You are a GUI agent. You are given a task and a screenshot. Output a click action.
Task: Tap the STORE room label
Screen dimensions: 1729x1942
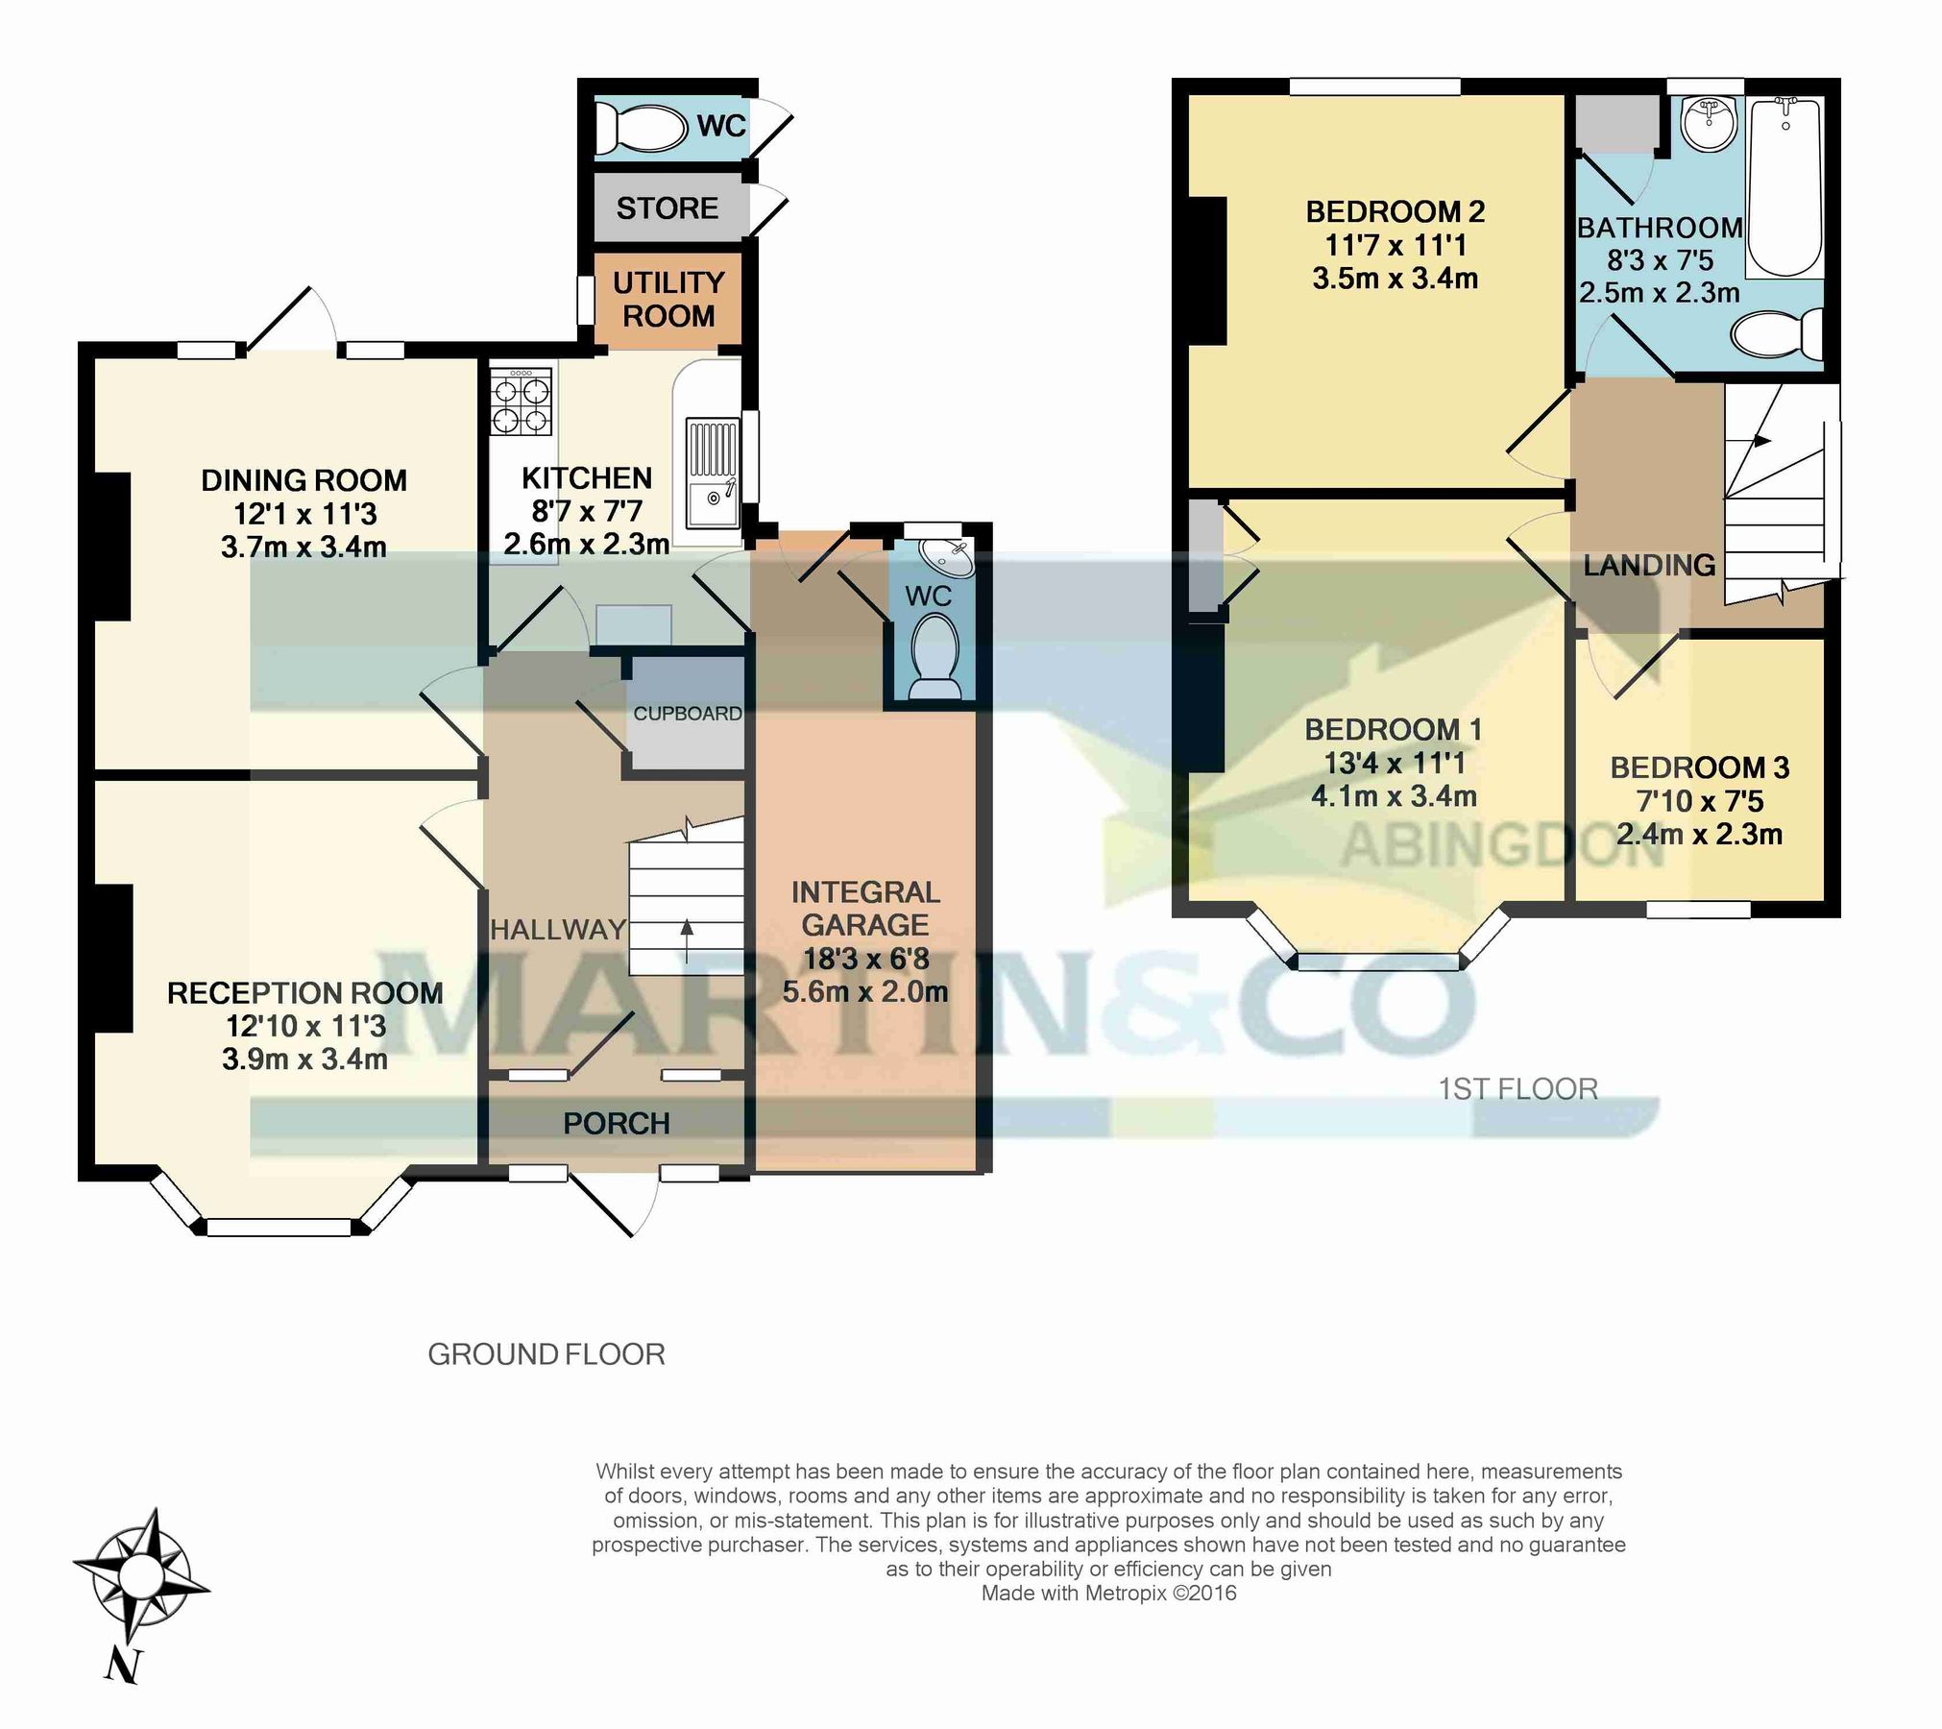click(x=668, y=208)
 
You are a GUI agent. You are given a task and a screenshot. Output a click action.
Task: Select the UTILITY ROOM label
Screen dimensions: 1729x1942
click(x=668, y=299)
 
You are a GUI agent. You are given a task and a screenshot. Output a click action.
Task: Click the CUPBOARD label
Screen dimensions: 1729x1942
click(x=688, y=714)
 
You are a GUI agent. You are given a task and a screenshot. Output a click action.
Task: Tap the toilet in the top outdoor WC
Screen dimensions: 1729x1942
click(x=635, y=126)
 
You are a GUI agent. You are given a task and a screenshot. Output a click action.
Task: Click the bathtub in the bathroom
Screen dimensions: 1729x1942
click(x=1784, y=187)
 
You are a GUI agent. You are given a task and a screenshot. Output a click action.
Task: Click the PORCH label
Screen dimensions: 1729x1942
click(x=617, y=1124)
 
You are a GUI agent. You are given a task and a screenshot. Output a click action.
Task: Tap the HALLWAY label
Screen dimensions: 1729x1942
click(x=558, y=929)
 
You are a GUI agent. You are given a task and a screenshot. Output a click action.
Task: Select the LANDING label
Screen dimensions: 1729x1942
click(x=1649, y=565)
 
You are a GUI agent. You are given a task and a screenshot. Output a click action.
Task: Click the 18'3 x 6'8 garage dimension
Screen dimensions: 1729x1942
click(x=865, y=959)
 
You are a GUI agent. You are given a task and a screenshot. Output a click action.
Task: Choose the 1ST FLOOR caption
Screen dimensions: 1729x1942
click(x=1517, y=1088)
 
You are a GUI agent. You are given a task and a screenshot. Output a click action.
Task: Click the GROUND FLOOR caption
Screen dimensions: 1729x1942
click(x=546, y=1354)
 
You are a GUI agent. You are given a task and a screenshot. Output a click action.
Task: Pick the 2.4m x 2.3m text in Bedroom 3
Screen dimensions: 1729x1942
click(x=1699, y=834)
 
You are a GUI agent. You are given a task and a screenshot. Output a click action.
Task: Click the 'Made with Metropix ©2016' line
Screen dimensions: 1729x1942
click(x=1108, y=1594)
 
